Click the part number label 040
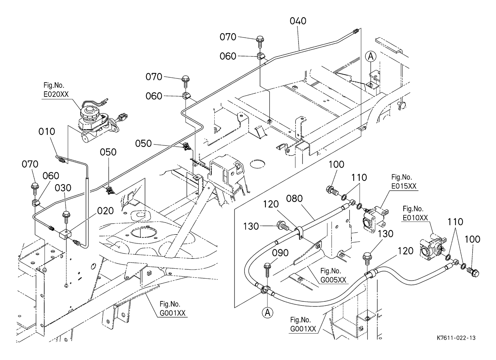(x=298, y=21)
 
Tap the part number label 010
(x=47, y=132)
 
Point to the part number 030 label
(x=63, y=188)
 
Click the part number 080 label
(x=295, y=199)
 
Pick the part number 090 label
(x=280, y=253)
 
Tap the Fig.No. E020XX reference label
(x=56, y=90)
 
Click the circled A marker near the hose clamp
(x=267, y=313)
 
